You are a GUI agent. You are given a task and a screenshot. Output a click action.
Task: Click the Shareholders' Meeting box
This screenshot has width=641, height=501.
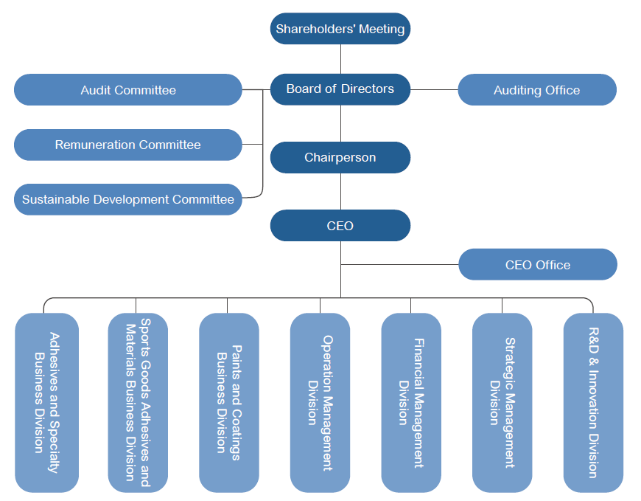[340, 29]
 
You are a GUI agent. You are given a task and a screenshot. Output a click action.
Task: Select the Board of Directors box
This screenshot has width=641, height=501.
[340, 89]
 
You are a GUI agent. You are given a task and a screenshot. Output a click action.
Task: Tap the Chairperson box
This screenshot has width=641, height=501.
[340, 157]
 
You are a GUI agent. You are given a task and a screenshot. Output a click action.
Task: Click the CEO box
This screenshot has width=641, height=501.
[340, 225]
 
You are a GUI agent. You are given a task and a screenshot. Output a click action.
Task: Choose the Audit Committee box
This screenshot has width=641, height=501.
[128, 90]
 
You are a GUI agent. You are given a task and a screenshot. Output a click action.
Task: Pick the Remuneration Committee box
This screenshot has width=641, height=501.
[128, 145]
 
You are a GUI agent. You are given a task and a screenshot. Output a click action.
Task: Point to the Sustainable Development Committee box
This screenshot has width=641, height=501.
[128, 199]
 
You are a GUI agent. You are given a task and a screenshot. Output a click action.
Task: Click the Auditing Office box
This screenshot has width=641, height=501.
[537, 90]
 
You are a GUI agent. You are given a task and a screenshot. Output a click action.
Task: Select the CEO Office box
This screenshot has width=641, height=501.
[538, 264]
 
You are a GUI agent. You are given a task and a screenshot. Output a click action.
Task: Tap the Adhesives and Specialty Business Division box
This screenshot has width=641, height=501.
[46, 402]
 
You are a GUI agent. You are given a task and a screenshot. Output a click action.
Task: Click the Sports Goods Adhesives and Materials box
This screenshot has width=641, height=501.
[138, 402]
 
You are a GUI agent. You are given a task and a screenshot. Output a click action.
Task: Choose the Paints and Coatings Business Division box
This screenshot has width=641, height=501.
[228, 402]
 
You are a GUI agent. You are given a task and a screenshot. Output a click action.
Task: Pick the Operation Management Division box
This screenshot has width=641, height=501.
[320, 402]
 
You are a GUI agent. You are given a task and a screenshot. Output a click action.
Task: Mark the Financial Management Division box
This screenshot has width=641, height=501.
[411, 402]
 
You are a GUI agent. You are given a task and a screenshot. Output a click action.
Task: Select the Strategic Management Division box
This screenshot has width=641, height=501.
[502, 402]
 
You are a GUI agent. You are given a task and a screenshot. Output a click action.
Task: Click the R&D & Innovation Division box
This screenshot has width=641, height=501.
[593, 402]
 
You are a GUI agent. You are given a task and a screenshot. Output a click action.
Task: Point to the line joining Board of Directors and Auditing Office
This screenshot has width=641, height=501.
[434, 89]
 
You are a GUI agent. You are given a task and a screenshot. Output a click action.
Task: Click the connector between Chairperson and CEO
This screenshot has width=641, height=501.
[340, 191]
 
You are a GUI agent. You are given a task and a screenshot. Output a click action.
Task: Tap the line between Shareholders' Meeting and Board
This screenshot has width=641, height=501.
[340, 59]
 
